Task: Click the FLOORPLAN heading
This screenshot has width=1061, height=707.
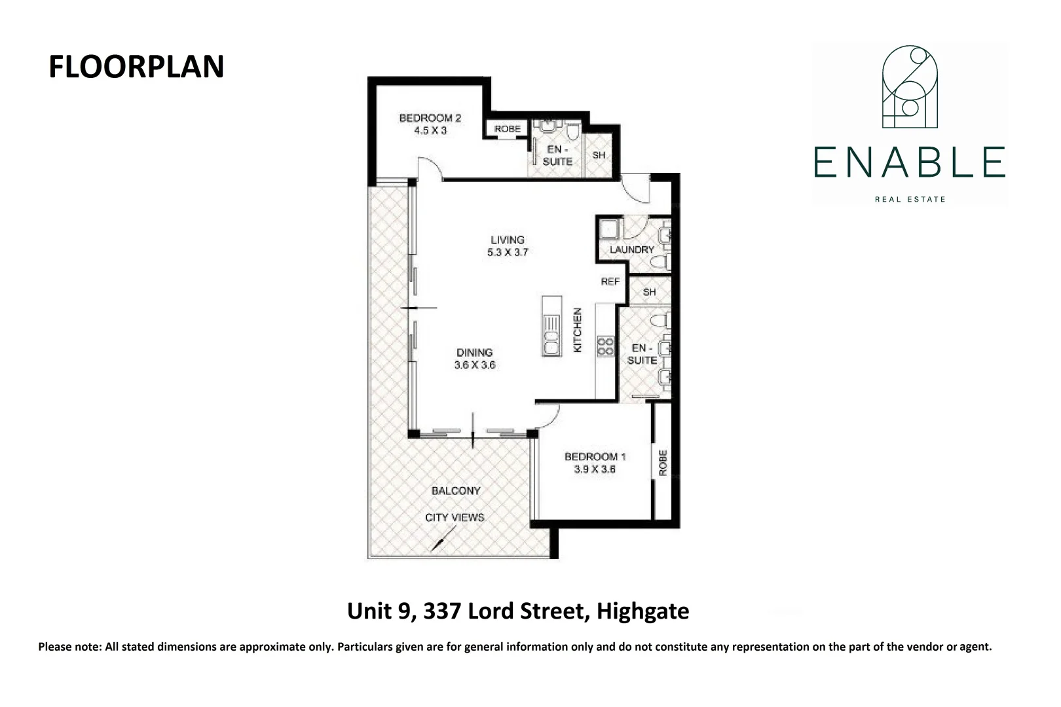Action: (136, 67)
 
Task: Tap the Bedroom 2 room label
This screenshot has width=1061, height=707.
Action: (430, 118)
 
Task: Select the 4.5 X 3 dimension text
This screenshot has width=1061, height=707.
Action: (430, 131)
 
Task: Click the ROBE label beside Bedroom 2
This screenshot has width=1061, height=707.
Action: (508, 129)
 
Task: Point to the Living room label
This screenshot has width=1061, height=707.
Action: (508, 240)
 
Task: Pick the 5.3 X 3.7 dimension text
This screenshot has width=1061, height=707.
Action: (508, 253)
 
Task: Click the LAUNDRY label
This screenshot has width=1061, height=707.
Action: (631, 249)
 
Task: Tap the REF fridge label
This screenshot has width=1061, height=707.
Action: (610, 281)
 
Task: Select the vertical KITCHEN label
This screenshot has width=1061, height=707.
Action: (578, 331)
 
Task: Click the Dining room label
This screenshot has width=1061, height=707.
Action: (474, 352)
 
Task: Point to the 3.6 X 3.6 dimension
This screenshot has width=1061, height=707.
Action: (474, 365)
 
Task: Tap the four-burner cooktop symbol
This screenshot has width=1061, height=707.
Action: (605, 346)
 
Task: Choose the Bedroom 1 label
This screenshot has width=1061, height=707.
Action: (595, 456)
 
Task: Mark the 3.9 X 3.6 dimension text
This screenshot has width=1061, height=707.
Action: (595, 469)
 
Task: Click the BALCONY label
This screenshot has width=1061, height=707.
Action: (456, 490)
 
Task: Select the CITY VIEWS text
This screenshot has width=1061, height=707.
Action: (455, 517)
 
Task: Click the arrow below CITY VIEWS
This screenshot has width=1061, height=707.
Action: (442, 539)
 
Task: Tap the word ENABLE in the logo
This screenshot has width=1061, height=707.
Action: (910, 162)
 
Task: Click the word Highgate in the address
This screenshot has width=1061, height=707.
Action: (643, 611)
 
